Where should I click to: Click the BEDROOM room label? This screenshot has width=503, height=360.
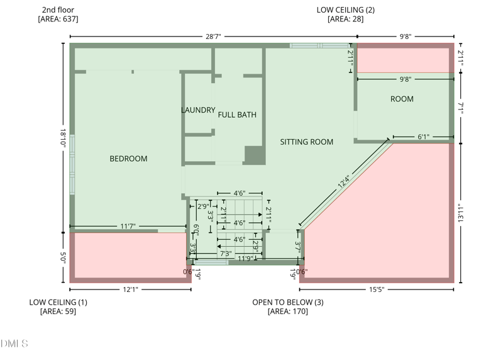tap(128, 159)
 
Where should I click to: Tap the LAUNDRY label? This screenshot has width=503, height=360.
tap(198, 110)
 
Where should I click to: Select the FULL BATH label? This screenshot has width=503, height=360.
tap(237, 115)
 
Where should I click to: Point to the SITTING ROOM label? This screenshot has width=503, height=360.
tap(306, 142)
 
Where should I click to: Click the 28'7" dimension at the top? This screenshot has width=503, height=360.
tap(213, 37)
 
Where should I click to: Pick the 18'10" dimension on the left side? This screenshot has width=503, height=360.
tap(63, 138)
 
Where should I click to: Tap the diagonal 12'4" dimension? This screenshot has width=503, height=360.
tap(343, 181)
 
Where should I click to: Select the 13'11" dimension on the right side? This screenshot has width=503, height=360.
tap(461, 213)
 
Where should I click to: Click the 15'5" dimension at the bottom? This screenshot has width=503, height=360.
tap(377, 290)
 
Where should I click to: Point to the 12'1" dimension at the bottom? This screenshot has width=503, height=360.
tap(131, 290)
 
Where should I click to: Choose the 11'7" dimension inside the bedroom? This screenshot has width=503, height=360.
tap(128, 227)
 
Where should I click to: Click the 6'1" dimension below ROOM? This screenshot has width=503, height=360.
tap(423, 137)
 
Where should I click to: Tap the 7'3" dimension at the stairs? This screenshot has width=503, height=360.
tap(226, 254)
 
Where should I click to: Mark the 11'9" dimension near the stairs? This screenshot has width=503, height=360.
tap(245, 259)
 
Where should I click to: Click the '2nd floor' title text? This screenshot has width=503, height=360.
tap(58, 10)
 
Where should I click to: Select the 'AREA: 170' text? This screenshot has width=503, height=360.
tap(288, 311)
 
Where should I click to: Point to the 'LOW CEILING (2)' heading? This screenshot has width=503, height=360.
tap(345, 10)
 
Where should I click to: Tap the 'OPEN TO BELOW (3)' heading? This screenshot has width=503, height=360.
tap(288, 302)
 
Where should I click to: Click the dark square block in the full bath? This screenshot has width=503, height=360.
tap(255, 155)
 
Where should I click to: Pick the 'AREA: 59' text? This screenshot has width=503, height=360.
tap(58, 311)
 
